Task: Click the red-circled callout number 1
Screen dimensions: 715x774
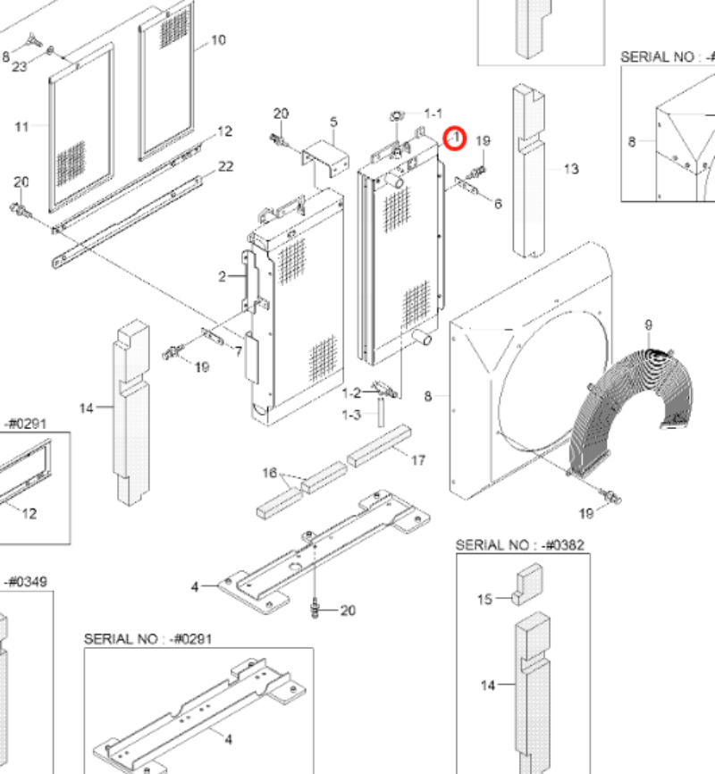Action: (456, 138)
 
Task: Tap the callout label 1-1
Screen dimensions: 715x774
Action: (433, 114)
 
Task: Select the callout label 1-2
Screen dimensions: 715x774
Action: (351, 393)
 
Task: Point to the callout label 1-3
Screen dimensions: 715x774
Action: (351, 415)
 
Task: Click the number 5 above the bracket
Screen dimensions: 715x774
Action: (333, 122)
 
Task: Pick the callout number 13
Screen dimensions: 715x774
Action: (571, 169)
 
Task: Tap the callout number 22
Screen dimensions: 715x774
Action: (225, 166)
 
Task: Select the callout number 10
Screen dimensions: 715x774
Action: (218, 40)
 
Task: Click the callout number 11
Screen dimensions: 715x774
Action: (21, 127)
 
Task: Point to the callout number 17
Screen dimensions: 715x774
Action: (418, 460)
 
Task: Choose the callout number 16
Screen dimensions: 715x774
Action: (270, 473)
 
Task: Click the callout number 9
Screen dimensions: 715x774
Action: (648, 324)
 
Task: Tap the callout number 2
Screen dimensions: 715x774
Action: (223, 276)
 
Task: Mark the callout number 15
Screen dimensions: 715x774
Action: (485, 599)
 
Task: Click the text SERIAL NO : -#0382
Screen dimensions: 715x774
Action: (520, 545)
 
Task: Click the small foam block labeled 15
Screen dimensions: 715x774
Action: (527, 584)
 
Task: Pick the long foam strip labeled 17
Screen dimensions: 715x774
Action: (379, 446)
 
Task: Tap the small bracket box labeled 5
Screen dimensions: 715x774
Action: (325, 158)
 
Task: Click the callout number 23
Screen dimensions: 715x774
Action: (20, 67)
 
